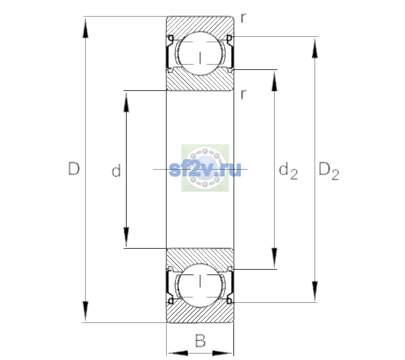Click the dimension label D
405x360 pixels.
(x=74, y=169)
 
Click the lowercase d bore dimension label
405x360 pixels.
(x=116, y=170)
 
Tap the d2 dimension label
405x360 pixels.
(x=288, y=171)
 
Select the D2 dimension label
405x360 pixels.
(x=329, y=171)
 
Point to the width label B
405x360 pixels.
(x=200, y=340)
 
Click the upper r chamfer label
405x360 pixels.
(x=244, y=18)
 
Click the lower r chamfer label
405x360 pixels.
(x=244, y=94)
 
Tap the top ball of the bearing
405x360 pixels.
(x=200, y=53)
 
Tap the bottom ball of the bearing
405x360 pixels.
(x=200, y=285)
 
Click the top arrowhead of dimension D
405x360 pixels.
(x=85, y=28)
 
